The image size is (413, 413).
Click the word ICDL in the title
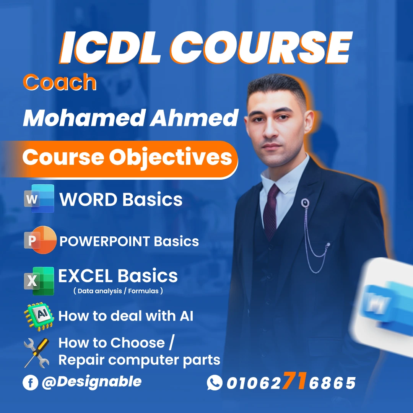tap(111, 48)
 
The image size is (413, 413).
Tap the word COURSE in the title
tap(261, 48)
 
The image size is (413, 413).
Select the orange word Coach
tap(60, 82)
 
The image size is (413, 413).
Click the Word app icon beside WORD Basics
tap(39, 198)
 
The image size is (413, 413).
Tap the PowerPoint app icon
tap(40, 240)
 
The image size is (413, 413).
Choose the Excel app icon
tap(39, 281)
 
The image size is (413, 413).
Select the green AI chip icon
tap(39, 316)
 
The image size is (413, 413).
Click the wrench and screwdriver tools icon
tap(37, 353)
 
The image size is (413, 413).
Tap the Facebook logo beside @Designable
tap(30, 382)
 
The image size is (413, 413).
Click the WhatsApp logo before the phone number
tap(215, 382)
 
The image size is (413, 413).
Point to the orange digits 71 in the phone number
tap(295, 380)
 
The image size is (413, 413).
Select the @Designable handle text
tap(92, 382)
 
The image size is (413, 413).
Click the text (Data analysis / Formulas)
tap(118, 291)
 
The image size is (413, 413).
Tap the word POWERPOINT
tap(105, 241)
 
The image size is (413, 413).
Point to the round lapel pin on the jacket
tap(305, 203)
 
